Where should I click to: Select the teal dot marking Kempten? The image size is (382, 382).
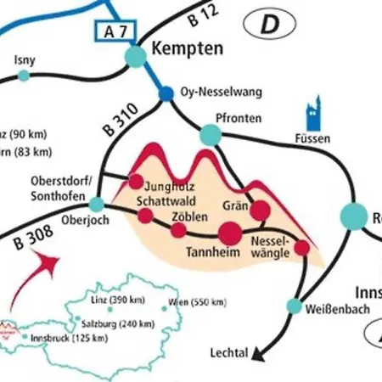pos(136,56)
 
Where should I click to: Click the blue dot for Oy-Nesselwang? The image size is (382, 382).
pos(166,93)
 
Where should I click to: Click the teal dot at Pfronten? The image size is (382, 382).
pos(208,134)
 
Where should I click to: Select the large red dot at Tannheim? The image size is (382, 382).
pos(230,232)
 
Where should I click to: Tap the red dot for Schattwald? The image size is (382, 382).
pos(145,215)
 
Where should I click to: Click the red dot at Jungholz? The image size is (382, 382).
pos(136,181)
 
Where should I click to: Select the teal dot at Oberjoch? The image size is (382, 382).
pos(98,205)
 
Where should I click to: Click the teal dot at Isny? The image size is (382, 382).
pos(24,76)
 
